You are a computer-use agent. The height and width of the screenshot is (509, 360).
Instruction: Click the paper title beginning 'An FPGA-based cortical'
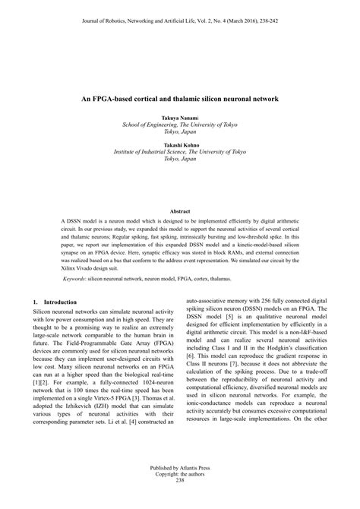(x=180, y=99)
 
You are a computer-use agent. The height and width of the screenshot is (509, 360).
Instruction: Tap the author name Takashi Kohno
(x=180, y=144)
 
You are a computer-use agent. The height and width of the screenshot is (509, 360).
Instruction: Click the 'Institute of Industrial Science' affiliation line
(x=180, y=152)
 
